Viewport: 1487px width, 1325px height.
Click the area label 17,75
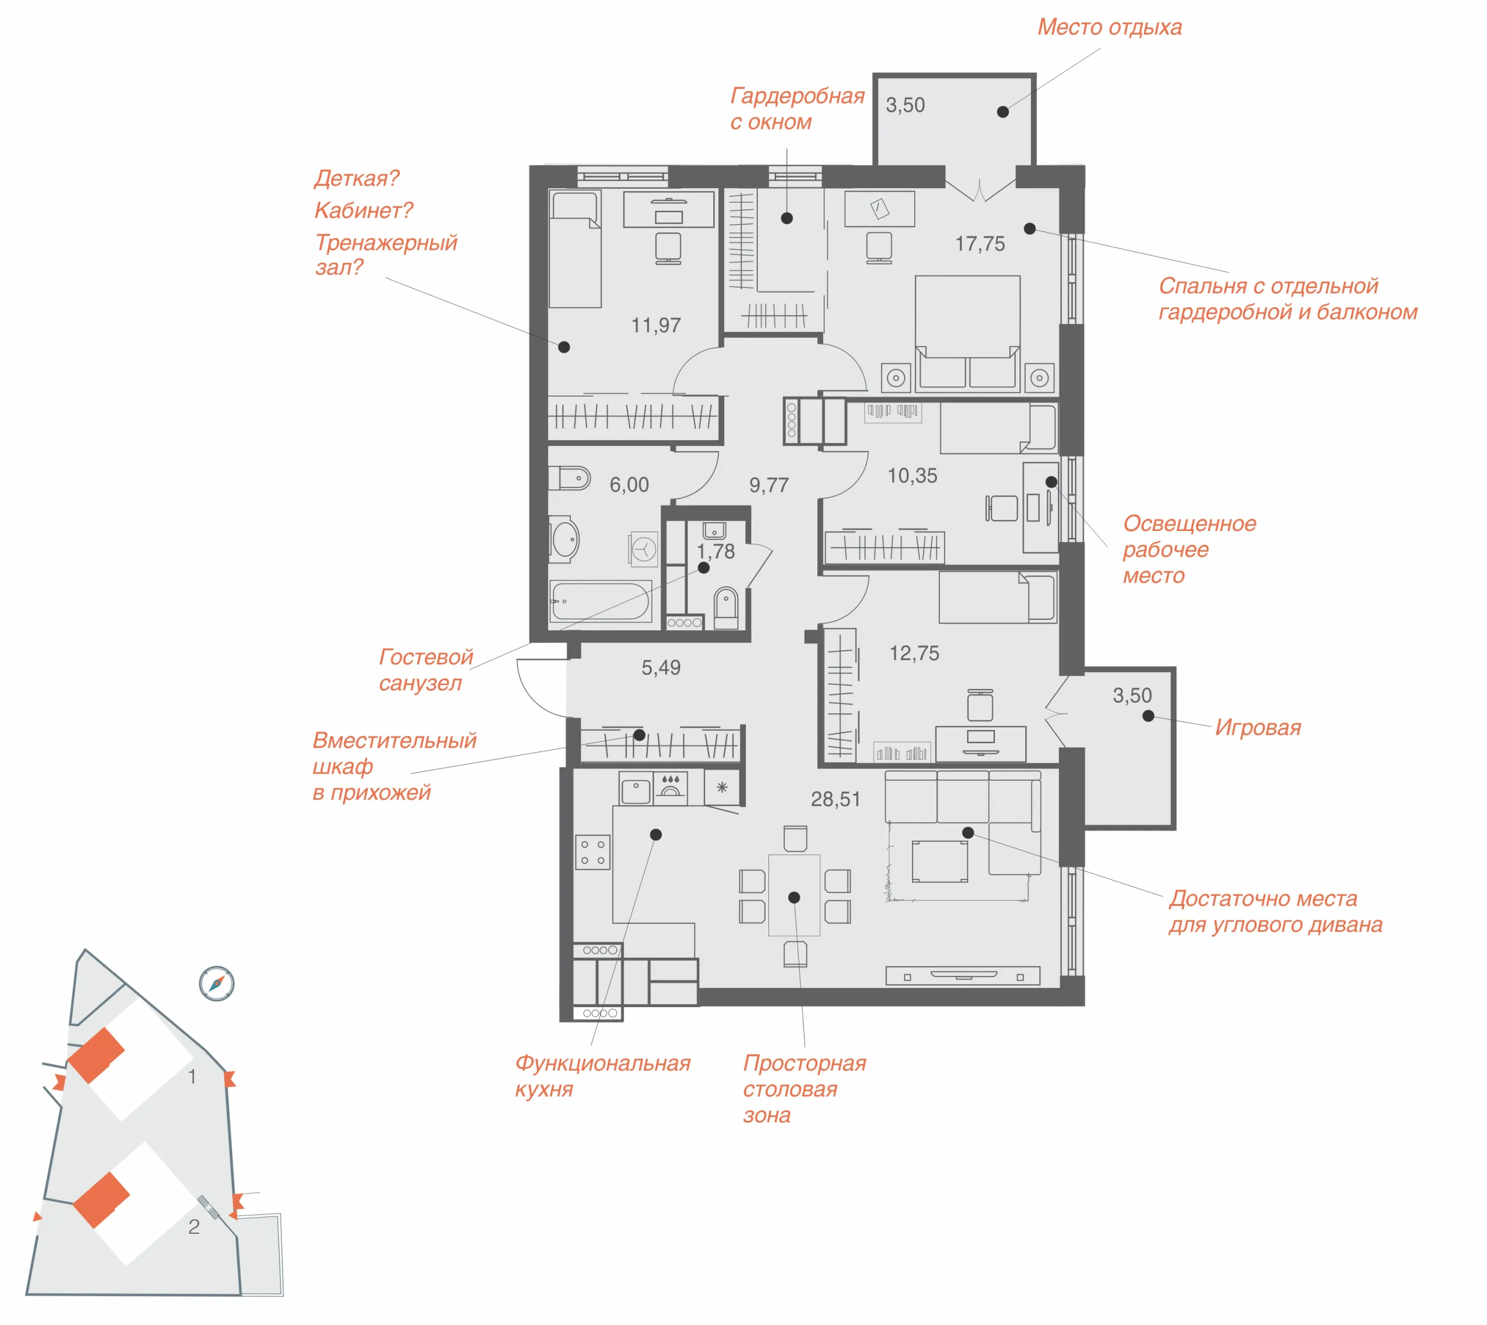click(x=980, y=244)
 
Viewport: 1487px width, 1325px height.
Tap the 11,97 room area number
click(x=656, y=325)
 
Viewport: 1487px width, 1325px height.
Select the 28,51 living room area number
click(x=836, y=799)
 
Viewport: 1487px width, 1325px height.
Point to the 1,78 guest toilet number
click(x=716, y=552)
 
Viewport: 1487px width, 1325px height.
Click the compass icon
click(x=217, y=983)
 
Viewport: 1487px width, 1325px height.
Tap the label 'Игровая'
click(x=1258, y=727)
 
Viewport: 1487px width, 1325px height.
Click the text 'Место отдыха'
click(x=1109, y=27)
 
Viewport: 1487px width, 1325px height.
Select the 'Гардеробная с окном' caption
click(x=797, y=109)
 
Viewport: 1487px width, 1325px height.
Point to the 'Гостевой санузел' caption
click(x=426, y=670)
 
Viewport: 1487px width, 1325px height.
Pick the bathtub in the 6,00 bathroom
click(x=601, y=601)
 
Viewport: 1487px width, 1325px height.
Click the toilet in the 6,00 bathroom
click(x=570, y=478)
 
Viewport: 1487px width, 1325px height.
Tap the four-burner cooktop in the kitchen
click(x=592, y=853)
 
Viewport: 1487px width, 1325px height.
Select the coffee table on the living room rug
click(x=940, y=861)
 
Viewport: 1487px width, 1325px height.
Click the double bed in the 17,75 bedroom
click(x=967, y=331)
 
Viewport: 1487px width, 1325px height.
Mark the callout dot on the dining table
click(x=794, y=897)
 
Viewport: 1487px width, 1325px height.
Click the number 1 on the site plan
click(x=192, y=1076)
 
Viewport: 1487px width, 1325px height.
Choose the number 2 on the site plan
click(x=193, y=1227)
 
